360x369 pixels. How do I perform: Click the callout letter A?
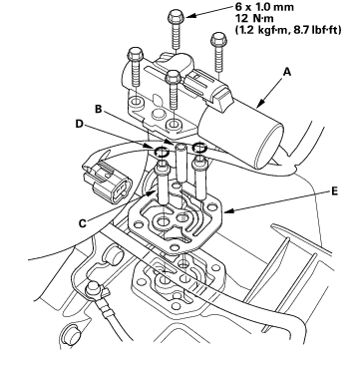[x=287, y=72]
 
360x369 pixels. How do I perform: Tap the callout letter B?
[x=99, y=109]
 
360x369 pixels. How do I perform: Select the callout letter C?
[x=82, y=223]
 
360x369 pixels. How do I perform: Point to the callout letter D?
[x=79, y=124]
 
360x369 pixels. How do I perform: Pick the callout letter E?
[x=334, y=190]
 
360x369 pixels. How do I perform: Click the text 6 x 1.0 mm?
[x=264, y=7]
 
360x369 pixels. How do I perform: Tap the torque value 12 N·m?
[x=254, y=18]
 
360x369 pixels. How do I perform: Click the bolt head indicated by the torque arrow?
[x=175, y=15]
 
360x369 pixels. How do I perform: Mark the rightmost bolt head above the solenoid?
[x=218, y=39]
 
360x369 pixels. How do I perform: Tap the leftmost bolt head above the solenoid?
[x=136, y=54]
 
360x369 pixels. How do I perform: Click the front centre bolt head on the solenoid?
[x=173, y=77]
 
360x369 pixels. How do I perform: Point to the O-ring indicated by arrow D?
[x=162, y=152]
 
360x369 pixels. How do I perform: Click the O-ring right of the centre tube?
[x=199, y=147]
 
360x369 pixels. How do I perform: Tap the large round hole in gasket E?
[x=164, y=221]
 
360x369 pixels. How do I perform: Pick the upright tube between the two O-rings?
[x=180, y=163]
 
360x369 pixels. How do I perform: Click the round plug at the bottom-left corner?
[x=71, y=333]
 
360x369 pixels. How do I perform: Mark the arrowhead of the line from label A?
[x=259, y=106]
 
